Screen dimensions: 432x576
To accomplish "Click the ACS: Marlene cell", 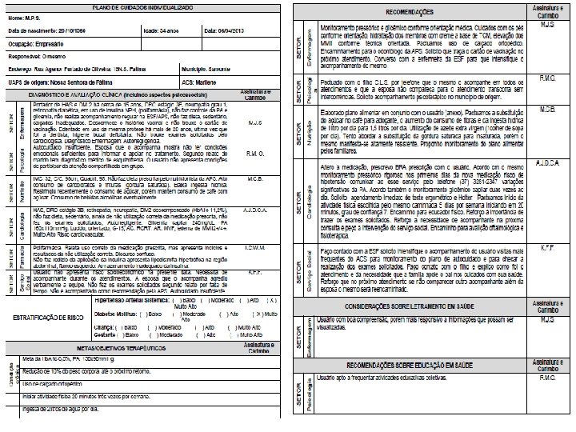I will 207,82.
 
